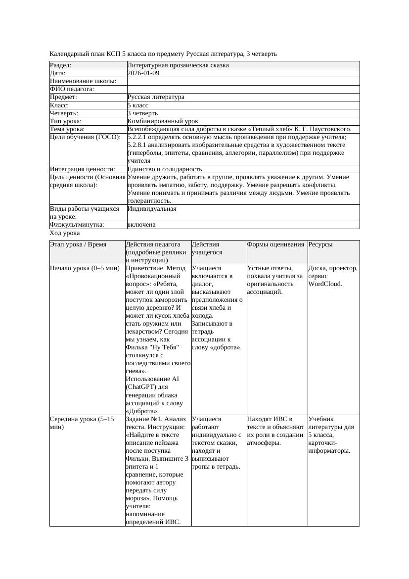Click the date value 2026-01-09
point(143,73)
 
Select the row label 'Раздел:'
point(61,65)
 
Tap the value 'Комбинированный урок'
point(163,121)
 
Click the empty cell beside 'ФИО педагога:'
point(242,89)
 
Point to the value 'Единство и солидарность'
point(165,169)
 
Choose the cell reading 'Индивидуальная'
point(152,209)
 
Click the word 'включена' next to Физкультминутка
point(141,225)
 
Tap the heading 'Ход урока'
point(65,233)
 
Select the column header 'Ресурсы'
point(320,244)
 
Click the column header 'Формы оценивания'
point(275,244)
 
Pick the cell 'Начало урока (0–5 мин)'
point(85,268)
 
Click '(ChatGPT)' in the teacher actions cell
point(141,386)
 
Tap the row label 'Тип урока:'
point(66,121)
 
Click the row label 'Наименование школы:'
point(83,81)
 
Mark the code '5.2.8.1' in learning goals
point(137,145)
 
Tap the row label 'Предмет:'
point(64,97)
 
